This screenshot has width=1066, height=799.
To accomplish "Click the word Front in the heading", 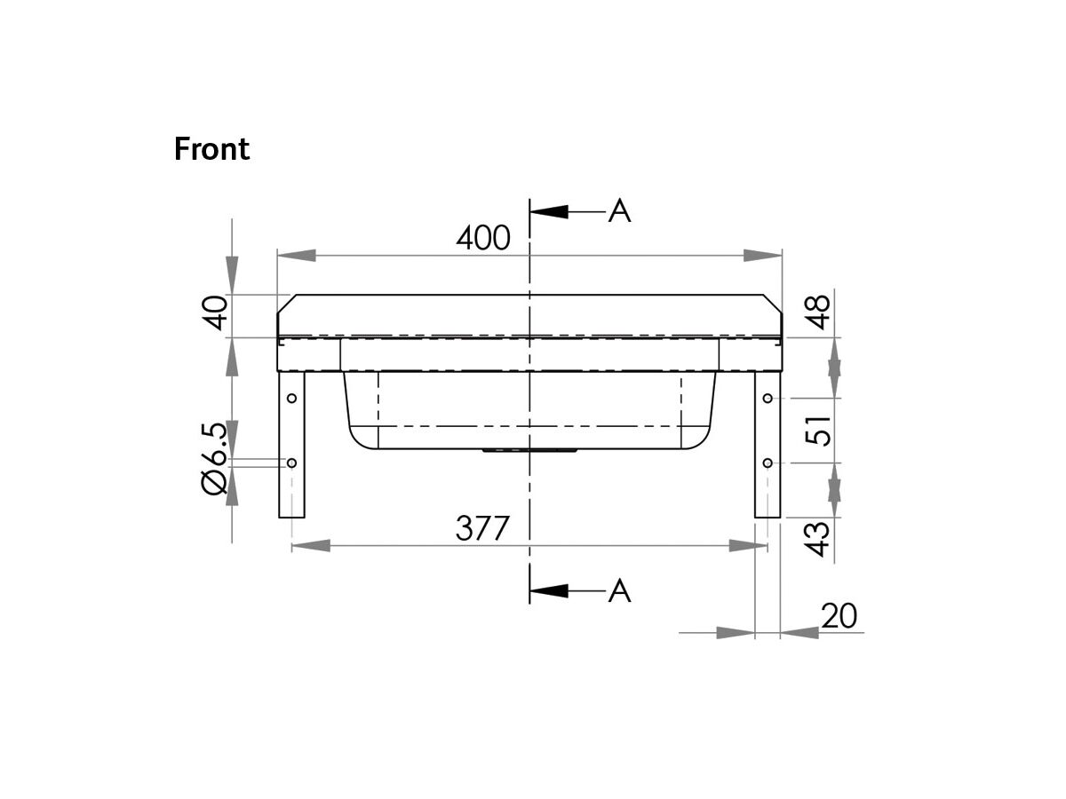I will pyautogui.click(x=211, y=149).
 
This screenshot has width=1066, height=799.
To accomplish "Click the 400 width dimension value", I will pyautogui.click(x=483, y=238).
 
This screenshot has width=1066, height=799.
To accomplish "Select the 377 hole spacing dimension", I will pyautogui.click(x=483, y=528).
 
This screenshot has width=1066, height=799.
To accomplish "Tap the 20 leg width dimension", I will pyautogui.click(x=839, y=616).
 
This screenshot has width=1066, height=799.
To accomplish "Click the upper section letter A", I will pyautogui.click(x=620, y=211).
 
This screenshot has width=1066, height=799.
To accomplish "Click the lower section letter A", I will pyautogui.click(x=620, y=590).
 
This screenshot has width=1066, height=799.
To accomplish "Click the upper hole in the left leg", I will pyautogui.click(x=290, y=399).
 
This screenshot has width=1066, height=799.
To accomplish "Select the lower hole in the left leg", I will pyautogui.click(x=290, y=463).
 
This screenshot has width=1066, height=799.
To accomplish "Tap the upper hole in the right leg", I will pyautogui.click(x=768, y=399).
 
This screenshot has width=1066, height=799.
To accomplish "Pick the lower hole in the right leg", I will pyautogui.click(x=768, y=463).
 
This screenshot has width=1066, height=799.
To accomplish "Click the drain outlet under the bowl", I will pyautogui.click(x=529, y=451).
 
